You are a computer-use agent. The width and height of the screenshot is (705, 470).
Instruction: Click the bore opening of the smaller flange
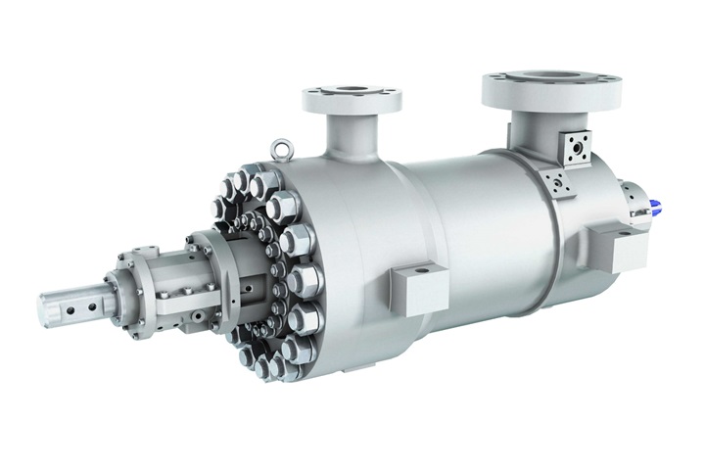point(351,92)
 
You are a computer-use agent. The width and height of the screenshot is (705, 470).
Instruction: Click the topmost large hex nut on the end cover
point(260,186)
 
